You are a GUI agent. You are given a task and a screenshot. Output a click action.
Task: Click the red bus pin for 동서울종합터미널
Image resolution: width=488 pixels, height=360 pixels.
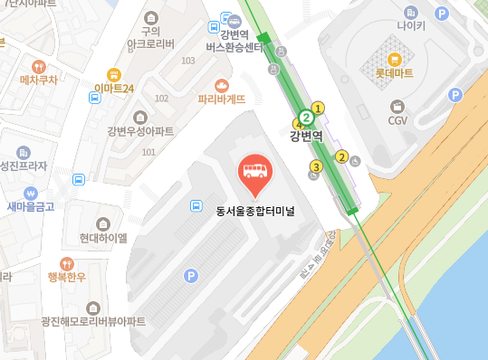click(253, 173)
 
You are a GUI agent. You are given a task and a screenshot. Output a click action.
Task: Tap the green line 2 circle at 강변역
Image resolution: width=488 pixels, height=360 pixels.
click(307, 117)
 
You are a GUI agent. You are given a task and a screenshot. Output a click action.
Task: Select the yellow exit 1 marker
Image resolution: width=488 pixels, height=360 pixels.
click(319, 109)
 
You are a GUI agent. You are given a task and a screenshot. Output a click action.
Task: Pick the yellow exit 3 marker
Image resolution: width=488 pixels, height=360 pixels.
click(316, 166)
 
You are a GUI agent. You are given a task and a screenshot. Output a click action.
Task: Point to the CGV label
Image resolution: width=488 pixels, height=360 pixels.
click(397, 120)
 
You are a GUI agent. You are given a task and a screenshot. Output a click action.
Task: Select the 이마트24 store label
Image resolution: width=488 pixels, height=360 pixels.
click(114, 88)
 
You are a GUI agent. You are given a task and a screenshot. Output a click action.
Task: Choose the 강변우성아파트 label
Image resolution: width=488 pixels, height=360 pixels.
click(140, 131)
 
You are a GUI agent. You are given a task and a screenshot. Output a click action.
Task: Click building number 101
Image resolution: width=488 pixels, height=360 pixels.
click(148, 152)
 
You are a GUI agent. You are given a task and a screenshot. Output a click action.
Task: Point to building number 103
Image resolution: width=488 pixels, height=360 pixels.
click(188, 61)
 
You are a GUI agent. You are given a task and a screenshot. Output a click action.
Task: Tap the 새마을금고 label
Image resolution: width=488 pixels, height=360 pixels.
click(31, 207)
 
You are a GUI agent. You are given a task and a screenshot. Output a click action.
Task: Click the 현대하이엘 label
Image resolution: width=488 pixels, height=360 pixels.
click(103, 238)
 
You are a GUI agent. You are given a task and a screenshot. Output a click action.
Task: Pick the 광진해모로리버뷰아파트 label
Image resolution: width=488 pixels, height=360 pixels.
click(92, 321)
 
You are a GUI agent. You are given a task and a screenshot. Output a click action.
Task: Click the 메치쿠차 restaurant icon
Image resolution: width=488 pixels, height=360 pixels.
click(38, 66)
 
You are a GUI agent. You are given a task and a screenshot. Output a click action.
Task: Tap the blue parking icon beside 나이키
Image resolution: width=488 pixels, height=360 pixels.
click(442, 14)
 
